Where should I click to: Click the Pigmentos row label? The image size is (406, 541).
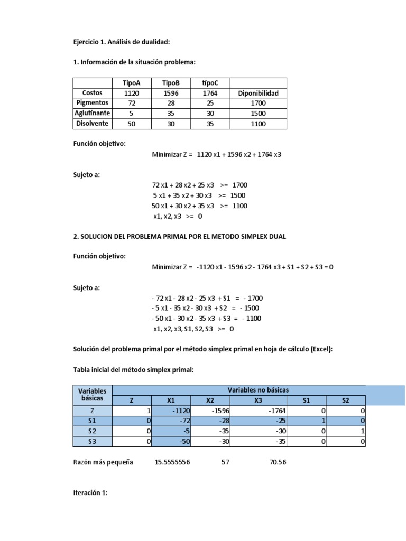coord(92,103)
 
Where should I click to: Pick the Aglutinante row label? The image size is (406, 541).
coord(92,113)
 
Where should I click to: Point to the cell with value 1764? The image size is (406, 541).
coord(210,93)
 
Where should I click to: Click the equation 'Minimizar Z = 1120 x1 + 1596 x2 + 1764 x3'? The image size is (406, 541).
coord(217,155)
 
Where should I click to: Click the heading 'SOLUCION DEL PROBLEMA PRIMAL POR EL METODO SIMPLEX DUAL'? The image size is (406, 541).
coord(180,237)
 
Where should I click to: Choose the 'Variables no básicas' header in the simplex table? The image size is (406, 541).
coord(258,389)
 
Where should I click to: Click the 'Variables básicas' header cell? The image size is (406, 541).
coord(93,395)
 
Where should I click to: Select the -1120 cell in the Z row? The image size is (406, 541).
coord(172,411)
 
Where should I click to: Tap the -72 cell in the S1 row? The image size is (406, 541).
coord(172,421)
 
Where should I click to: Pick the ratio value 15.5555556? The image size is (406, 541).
coord(172,462)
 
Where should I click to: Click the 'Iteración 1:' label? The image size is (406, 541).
coord(91,493)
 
